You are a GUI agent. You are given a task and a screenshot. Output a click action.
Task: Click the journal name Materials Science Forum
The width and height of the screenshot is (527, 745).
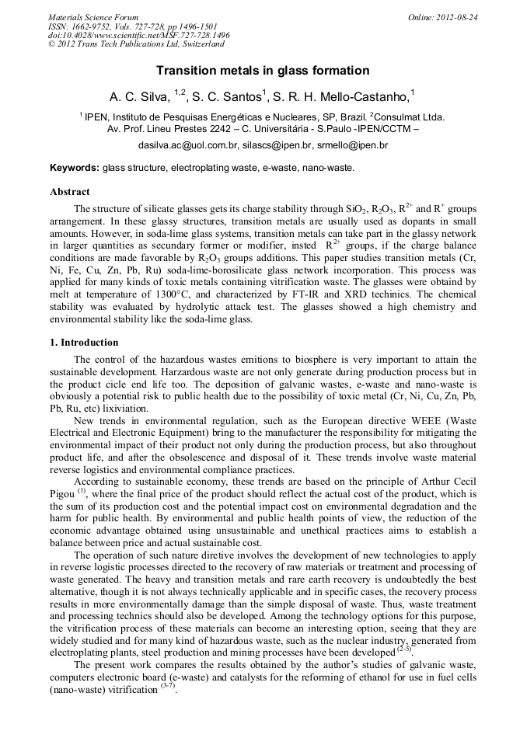point(93,17)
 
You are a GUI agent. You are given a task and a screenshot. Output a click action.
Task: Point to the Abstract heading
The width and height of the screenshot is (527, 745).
point(70,191)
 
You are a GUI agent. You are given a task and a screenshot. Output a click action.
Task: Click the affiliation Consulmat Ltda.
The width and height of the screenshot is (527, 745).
point(407,117)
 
